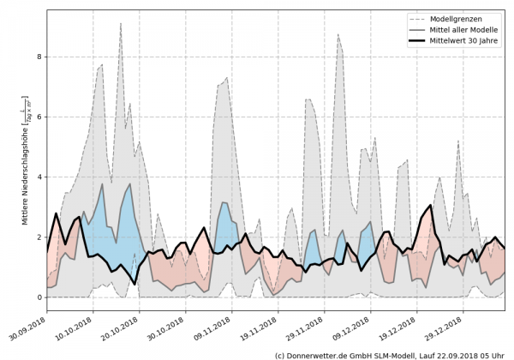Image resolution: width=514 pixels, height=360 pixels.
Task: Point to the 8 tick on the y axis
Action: tap(39, 57)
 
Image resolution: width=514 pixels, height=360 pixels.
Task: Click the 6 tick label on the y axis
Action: tap(39, 117)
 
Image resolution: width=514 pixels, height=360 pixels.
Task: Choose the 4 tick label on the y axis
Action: tap(39, 177)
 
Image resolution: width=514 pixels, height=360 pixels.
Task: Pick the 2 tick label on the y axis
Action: tap(39, 237)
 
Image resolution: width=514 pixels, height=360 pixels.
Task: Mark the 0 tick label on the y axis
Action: tap(39, 297)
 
